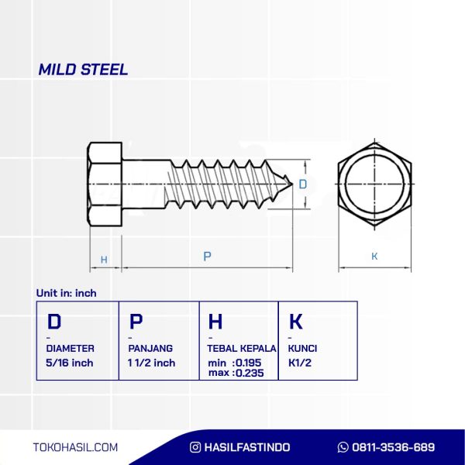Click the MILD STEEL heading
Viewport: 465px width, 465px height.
coord(83,70)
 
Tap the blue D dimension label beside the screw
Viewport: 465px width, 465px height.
coord(302,184)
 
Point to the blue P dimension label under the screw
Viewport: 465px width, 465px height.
coord(207,256)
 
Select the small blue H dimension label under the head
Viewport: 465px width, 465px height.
coord(104,260)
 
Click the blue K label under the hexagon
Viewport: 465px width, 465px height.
coord(374,256)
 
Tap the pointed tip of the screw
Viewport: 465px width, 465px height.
coord(292,184)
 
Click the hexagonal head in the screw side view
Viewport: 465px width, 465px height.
coord(105,184)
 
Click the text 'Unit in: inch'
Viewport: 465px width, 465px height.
coord(66,293)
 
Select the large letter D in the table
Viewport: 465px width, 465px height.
coord(54,321)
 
